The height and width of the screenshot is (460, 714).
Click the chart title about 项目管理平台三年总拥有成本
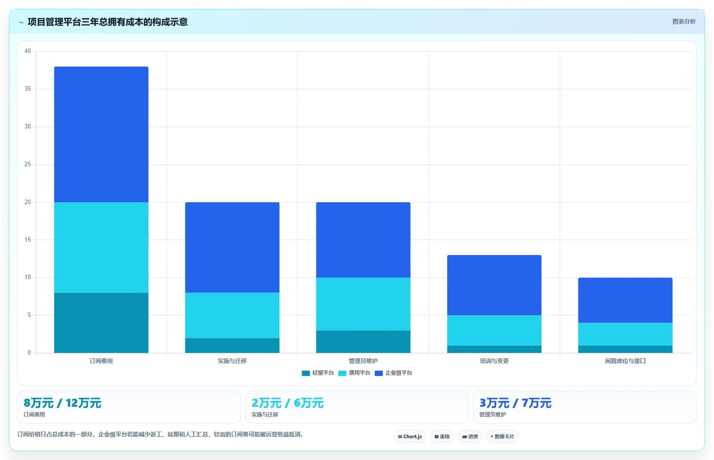(x=108, y=22)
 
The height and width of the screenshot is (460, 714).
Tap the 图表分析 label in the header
(x=684, y=21)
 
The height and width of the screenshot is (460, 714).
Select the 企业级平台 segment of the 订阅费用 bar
(x=101, y=134)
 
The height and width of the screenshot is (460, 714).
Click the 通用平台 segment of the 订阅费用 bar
(x=101, y=248)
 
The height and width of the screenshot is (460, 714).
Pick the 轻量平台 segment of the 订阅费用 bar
(x=101, y=323)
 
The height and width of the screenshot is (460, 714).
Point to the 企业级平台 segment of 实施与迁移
(x=233, y=248)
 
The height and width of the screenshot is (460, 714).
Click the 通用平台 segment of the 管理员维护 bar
(x=363, y=304)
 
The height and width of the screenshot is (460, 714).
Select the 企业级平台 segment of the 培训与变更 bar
(x=494, y=285)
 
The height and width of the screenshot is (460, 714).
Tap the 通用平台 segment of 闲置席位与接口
(x=626, y=334)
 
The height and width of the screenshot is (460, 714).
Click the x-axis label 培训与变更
(x=494, y=361)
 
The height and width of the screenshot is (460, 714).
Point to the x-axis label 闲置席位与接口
(x=626, y=361)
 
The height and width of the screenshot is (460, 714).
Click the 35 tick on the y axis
(x=28, y=88)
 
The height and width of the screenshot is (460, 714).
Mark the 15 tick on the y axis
(x=28, y=240)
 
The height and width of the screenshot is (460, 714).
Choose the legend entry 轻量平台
(x=317, y=373)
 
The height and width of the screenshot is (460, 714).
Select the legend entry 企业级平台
(x=393, y=373)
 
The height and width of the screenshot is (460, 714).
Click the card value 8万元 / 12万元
(x=63, y=403)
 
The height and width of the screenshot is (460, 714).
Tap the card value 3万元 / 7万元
(x=515, y=403)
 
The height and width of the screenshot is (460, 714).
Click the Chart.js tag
(x=410, y=436)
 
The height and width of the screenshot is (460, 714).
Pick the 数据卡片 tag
(x=502, y=436)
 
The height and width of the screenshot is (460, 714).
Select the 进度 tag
(x=470, y=436)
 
